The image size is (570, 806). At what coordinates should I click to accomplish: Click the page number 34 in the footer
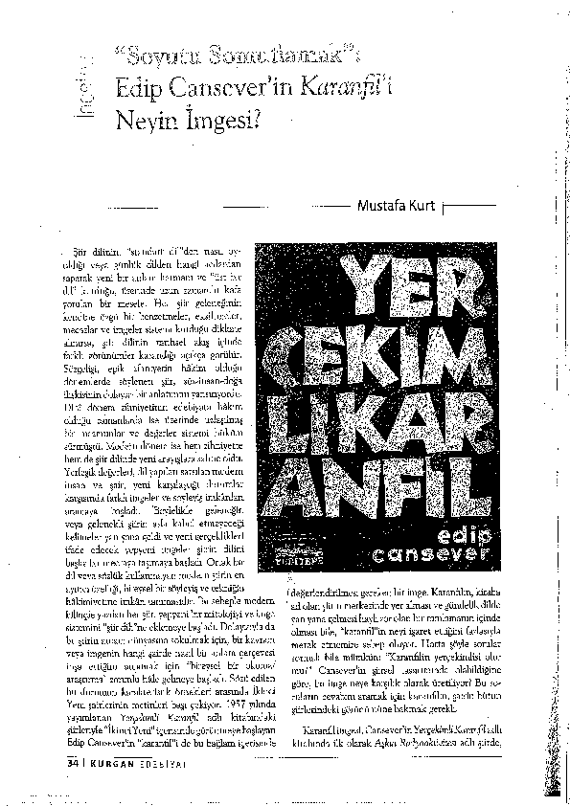[72, 763]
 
